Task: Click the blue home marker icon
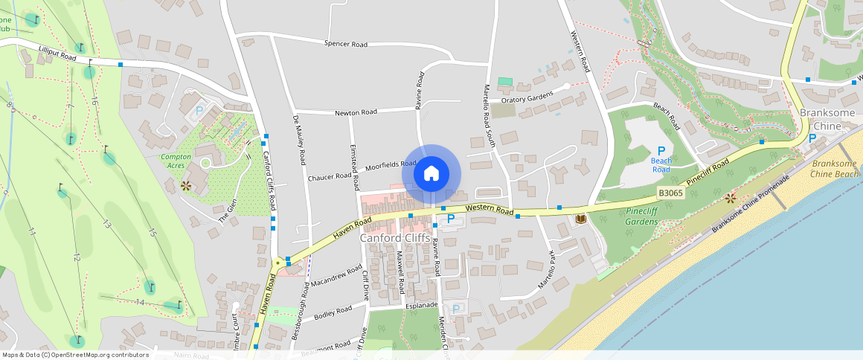pyautogui.click(x=431, y=174)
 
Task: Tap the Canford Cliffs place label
pyautogui.click(x=394, y=238)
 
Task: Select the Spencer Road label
pyautogui.click(x=346, y=45)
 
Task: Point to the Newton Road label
pyautogui.click(x=356, y=112)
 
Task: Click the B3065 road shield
pyautogui.click(x=670, y=193)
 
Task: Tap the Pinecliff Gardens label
pyautogui.click(x=637, y=216)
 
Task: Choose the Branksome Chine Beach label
pyautogui.click(x=835, y=169)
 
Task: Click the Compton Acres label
pyautogui.click(x=176, y=161)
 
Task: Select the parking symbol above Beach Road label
pyautogui.click(x=661, y=150)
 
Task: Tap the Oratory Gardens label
pyautogui.click(x=527, y=99)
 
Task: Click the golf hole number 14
pyautogui.click(x=140, y=301)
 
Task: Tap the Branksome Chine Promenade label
pyautogui.click(x=749, y=205)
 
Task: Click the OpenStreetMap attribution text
pyautogui.click(x=74, y=355)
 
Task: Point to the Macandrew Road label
pyautogui.click(x=336, y=277)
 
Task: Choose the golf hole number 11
pyautogui.click(x=31, y=233)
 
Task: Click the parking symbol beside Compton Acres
pyautogui.click(x=199, y=112)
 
